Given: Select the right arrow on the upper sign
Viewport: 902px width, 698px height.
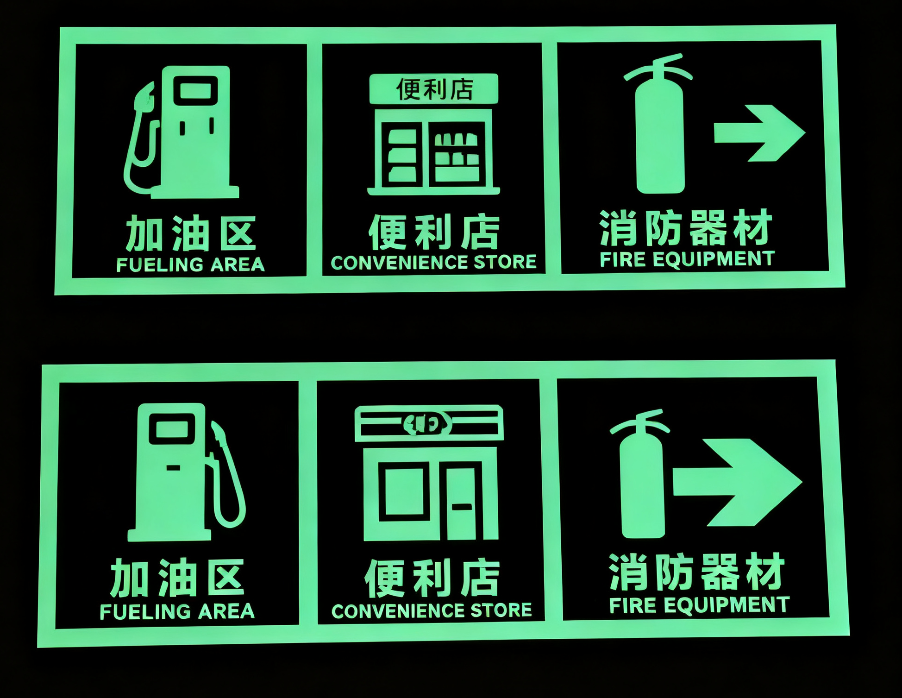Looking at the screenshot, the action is [x=759, y=133].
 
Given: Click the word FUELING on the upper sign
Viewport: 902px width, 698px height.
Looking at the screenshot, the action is [x=160, y=265].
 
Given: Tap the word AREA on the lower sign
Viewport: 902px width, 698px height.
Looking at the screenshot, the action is [x=227, y=611].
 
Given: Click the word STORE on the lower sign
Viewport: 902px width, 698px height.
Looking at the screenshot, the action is [x=501, y=610].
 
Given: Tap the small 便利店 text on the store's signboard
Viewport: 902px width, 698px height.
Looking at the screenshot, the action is [x=434, y=89].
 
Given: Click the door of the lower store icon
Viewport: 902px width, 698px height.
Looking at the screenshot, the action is [x=462, y=501].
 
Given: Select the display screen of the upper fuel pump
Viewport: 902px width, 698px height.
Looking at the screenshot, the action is [x=195, y=91].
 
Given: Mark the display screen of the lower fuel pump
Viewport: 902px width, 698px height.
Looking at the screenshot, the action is [x=172, y=429].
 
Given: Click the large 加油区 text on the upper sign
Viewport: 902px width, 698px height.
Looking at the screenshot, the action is [x=191, y=233].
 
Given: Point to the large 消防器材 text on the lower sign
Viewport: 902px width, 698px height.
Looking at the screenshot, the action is [x=696, y=572].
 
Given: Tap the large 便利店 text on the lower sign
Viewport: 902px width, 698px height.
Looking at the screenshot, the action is [x=432, y=578].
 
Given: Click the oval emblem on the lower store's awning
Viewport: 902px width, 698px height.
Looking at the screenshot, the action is [x=427, y=423].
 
